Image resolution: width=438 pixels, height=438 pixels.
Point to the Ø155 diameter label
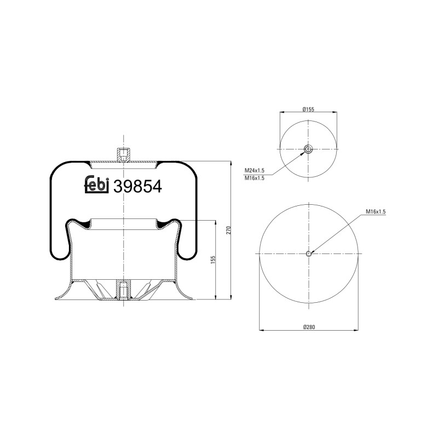[308, 109]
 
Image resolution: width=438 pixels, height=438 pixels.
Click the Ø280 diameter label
[309, 327]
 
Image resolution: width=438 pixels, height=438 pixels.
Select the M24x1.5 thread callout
[254, 171]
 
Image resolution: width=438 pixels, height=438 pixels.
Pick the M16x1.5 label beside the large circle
[376, 211]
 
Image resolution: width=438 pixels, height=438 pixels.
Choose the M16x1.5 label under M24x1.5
[254, 178]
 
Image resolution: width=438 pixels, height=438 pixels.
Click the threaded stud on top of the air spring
[124, 154]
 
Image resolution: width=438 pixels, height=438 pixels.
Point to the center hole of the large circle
[309, 253]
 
